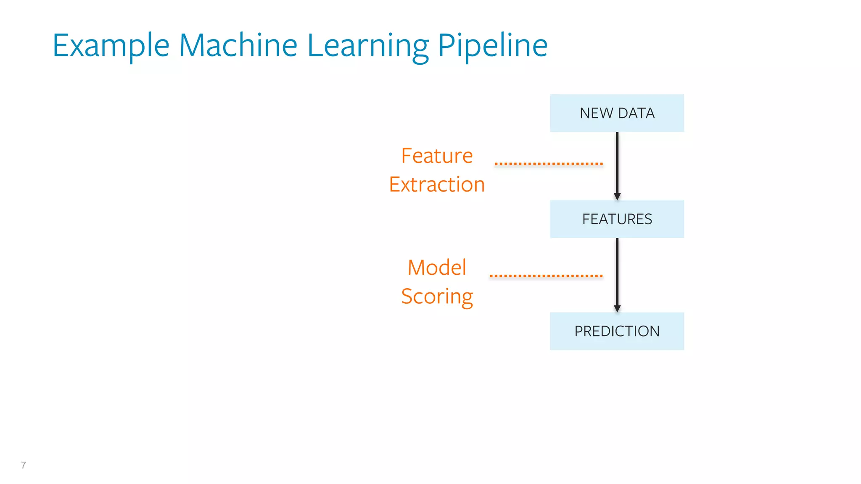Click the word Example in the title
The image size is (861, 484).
[111, 45]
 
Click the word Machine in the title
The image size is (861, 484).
[238, 45]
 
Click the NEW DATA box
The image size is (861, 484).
[617, 113]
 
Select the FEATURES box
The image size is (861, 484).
[617, 219]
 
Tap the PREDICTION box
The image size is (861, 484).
[617, 331]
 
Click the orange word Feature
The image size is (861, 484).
[437, 156]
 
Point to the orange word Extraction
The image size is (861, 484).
[437, 184]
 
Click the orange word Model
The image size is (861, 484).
[437, 268]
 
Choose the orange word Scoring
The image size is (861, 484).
[437, 297]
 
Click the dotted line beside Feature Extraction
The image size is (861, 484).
[549, 163]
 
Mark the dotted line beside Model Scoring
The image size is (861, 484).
[546, 276]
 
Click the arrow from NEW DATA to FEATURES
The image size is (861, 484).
[617, 164]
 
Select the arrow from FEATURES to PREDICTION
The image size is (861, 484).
[617, 273]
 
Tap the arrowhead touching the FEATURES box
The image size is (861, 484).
[617, 197]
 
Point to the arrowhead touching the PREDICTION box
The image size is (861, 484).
[617, 309]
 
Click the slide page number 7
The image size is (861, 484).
[24, 465]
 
